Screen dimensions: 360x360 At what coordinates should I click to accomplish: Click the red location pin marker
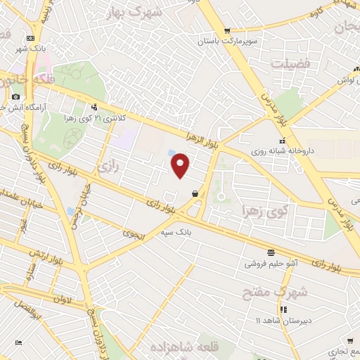181,165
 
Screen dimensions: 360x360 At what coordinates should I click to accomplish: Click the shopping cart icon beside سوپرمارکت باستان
227,30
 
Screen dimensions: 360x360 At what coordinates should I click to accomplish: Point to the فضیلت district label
291,63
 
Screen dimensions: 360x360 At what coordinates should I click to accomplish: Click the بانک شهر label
31,49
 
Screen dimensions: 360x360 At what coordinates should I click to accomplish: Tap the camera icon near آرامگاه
15,96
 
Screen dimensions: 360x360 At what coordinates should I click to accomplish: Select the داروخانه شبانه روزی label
284,150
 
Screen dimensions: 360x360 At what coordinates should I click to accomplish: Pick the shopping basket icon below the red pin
194,194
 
